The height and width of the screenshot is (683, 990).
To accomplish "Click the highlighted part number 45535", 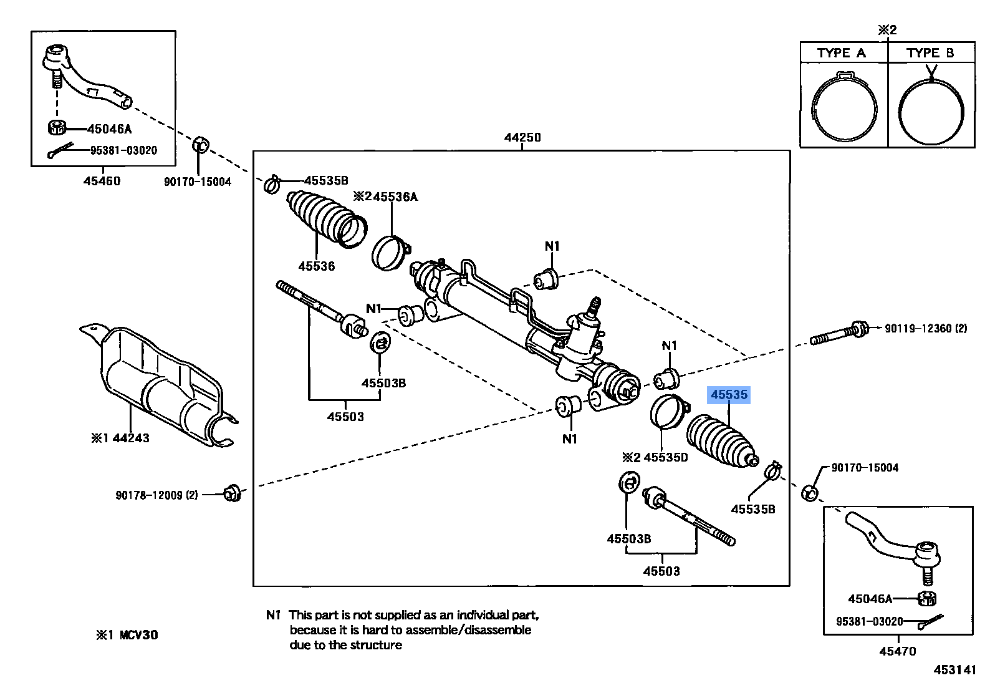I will (729, 395).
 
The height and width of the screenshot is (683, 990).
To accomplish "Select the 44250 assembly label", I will (522, 137).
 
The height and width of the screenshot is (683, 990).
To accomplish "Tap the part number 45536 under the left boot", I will (316, 266).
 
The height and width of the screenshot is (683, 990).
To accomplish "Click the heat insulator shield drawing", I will (159, 387).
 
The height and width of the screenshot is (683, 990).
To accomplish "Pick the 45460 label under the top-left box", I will (102, 182).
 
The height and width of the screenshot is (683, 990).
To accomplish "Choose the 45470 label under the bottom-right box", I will (898, 651).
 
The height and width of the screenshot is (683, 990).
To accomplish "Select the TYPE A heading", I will (842, 53).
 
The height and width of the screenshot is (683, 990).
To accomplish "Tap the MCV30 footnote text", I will (127, 635).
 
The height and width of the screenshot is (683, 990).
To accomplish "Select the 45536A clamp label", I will (385, 197).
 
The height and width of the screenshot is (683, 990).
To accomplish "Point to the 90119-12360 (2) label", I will (926, 327).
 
